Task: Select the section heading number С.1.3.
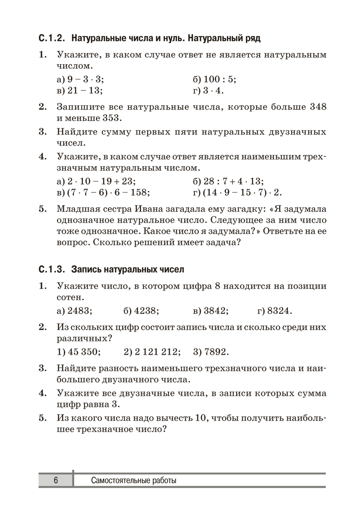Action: tap(52, 269)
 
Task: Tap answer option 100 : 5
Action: tap(219, 79)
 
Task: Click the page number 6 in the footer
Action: tap(56, 481)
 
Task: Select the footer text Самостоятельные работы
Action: tap(133, 481)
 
